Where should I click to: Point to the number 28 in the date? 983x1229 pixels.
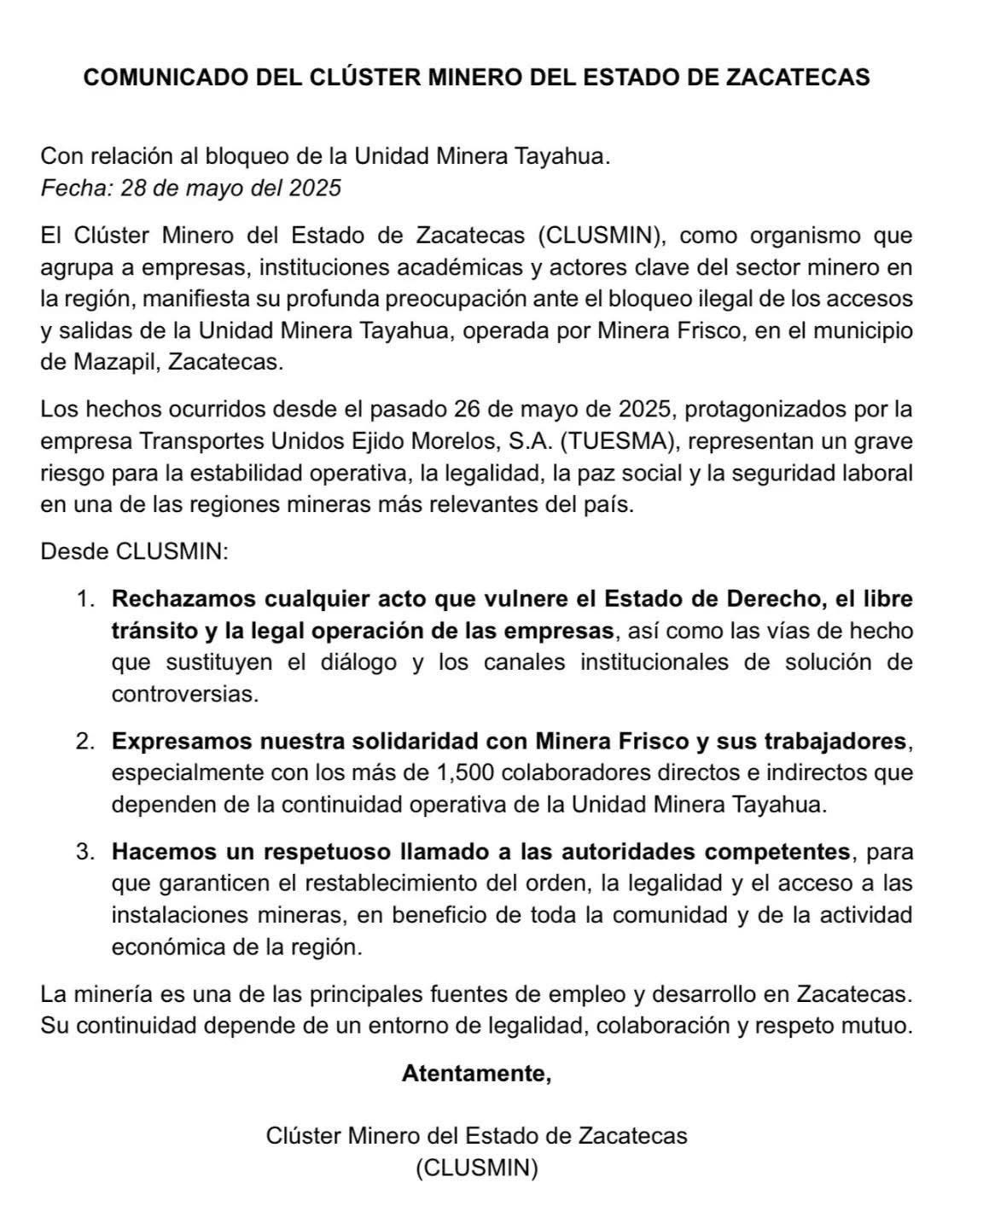pos(135,188)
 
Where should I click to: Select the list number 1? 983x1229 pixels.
pos(84,599)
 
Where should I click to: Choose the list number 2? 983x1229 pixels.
pos(84,742)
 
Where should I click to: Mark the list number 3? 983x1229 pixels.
pos(84,852)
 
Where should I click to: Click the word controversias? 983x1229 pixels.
pos(184,694)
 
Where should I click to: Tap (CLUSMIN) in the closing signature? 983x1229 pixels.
pos(477,1168)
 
